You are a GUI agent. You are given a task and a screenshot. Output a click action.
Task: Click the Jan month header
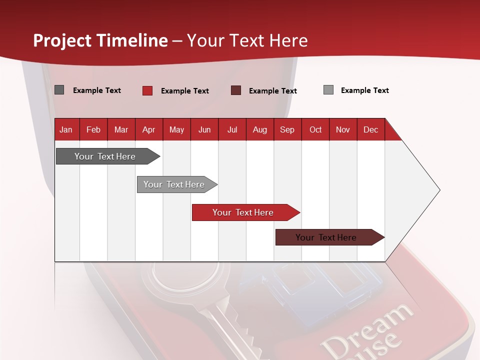pyautogui.click(x=66, y=129)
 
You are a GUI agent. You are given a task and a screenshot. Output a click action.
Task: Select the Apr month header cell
pyautogui.click(x=148, y=129)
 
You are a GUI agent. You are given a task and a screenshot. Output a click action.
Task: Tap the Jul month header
pyautogui.click(x=232, y=129)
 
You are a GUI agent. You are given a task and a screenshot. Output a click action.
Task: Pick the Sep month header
pyautogui.click(x=287, y=129)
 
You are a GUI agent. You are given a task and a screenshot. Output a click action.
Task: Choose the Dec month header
pyautogui.click(x=370, y=129)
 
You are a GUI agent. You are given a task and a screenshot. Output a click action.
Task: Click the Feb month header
pyautogui.click(x=93, y=129)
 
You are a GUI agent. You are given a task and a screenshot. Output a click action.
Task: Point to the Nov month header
pyautogui.click(x=342, y=129)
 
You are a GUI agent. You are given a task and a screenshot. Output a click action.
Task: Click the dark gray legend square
pyautogui.click(x=59, y=90)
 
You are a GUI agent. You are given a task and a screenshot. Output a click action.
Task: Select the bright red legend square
pyautogui.click(x=147, y=90)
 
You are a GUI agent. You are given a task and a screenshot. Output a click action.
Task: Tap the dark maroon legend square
pyautogui.click(x=236, y=90)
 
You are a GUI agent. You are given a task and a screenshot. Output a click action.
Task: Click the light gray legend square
pyautogui.click(x=328, y=90)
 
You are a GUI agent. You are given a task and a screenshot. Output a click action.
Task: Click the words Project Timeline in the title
pyautogui.click(x=100, y=40)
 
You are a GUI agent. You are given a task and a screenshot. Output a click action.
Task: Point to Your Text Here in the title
pyautogui.click(x=247, y=40)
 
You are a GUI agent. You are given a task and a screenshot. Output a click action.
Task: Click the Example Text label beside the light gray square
pyautogui.click(x=364, y=90)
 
